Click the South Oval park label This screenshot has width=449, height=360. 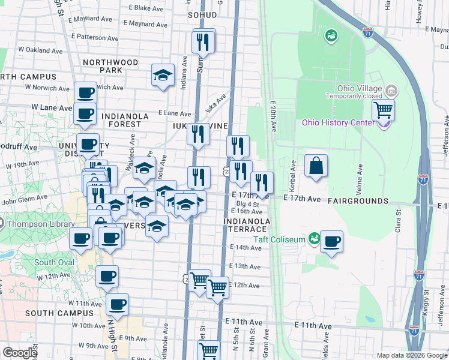[54, 262]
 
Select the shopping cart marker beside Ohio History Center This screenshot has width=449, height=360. [382, 110]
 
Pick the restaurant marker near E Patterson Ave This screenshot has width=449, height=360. [202, 41]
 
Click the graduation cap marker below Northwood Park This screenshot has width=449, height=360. [162, 76]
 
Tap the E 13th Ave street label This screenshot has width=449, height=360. [245, 266]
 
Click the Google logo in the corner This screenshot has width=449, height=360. [20, 353]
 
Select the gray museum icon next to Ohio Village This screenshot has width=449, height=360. [391, 91]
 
